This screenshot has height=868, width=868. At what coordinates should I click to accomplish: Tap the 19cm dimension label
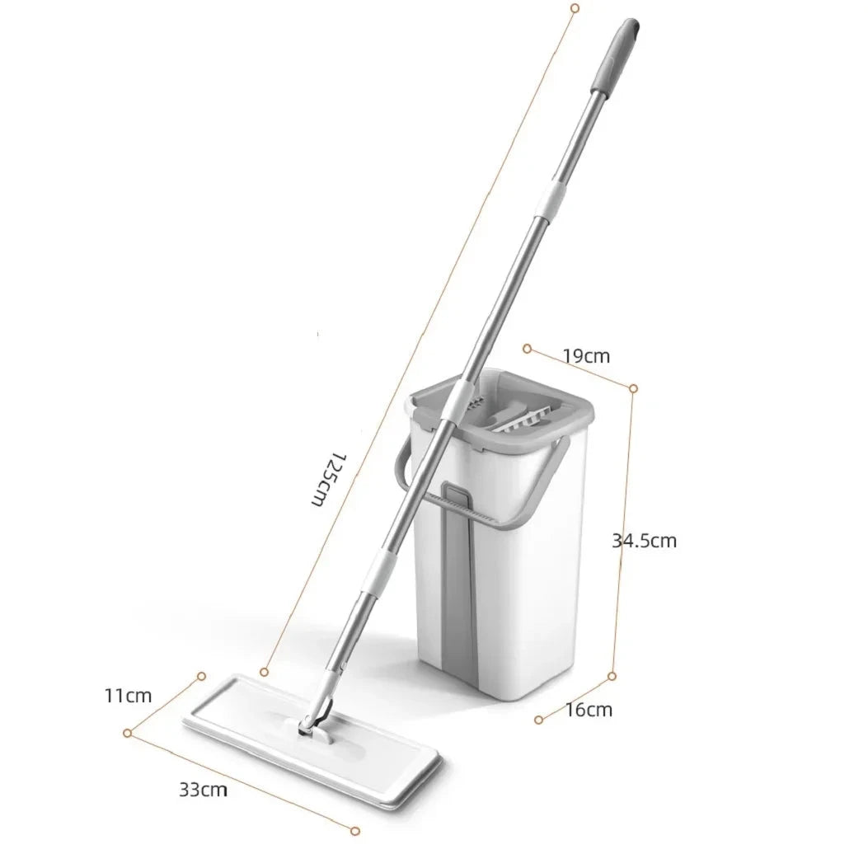pos(586,356)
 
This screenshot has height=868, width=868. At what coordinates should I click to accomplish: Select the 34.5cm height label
pos(644,541)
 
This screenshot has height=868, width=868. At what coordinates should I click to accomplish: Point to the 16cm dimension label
pos(589,709)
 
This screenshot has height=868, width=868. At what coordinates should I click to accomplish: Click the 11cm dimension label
pos(128,695)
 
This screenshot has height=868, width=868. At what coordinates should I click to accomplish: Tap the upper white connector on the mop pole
pos(551,199)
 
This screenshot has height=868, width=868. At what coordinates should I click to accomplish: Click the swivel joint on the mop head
pos(313,719)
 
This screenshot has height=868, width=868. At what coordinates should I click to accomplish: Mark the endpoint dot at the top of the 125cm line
pos(575,7)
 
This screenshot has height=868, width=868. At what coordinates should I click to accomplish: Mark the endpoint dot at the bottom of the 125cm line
pos(264,673)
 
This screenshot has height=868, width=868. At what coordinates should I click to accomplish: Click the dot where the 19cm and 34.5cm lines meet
pos(633,387)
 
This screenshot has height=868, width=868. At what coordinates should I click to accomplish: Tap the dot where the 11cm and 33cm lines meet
pos(128,732)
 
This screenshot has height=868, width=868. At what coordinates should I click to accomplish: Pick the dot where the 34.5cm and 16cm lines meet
pos(612,676)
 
